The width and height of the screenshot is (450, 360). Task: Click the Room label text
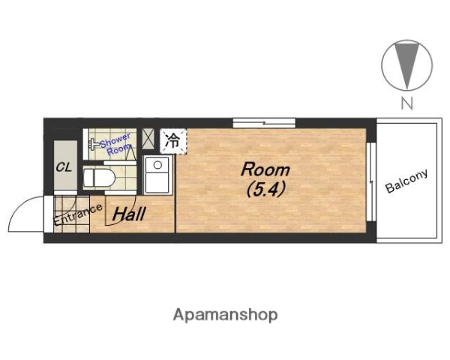pos(265,169)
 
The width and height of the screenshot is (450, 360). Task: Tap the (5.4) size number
pos(265,190)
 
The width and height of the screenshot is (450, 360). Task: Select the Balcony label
pos(406,181)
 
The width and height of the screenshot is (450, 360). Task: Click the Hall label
pos(129,214)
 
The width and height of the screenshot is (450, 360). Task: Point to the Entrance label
pos(78,214)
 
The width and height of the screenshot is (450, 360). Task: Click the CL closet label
pos(64,167)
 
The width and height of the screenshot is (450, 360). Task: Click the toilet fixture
pos(99,178)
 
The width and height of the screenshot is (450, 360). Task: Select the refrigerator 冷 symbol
pos(173,141)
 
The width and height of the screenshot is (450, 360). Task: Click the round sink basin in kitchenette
pos(157,165)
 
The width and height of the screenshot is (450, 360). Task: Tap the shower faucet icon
pos(94,144)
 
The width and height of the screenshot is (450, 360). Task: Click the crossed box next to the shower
pos(148,139)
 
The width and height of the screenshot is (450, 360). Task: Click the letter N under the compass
pos(407,103)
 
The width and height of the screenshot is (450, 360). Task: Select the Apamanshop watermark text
pos(225,315)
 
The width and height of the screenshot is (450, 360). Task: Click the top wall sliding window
pos(264,123)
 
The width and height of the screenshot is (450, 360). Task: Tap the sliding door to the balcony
pos(371,181)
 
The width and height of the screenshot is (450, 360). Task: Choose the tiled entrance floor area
pos(71,214)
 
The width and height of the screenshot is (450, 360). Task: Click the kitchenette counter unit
pos(157,175)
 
